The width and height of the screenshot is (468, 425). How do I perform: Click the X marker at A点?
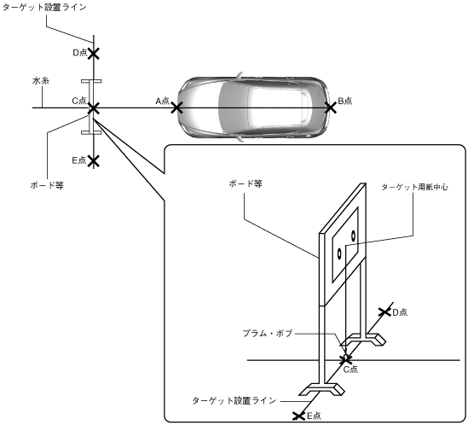[176, 108]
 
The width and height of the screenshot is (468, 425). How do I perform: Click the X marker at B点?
[331, 108]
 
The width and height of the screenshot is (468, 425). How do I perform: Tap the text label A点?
[162, 101]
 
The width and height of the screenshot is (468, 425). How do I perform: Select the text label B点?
[344, 101]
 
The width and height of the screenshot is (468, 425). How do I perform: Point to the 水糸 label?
[41, 81]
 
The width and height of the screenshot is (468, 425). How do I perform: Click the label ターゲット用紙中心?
[415, 187]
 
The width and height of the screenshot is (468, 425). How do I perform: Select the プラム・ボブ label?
[268, 333]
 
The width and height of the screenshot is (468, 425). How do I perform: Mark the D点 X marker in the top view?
[94, 54]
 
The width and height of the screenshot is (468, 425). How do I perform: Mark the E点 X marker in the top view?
[94, 160]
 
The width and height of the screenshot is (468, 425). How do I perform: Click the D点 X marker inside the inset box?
[384, 312]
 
